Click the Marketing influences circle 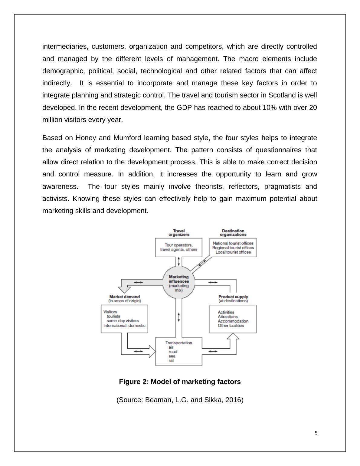pyautogui.click(x=179, y=283)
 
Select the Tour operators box pyautogui.click(x=178, y=247)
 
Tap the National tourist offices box pyautogui.click(x=233, y=248)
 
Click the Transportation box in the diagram pyautogui.click(x=178, y=351)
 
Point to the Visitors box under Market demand pyautogui.click(x=124, y=319)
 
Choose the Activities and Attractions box pyautogui.click(x=233, y=319)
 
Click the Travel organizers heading pyautogui.click(x=179, y=232)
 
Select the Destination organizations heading pyautogui.click(x=233, y=232)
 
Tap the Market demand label pyautogui.click(x=124, y=297)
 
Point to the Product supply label pyautogui.click(x=233, y=297)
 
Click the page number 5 pyautogui.click(x=316, y=433)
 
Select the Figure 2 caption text pyautogui.click(x=180, y=382)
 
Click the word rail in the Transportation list pyautogui.click(x=172, y=360)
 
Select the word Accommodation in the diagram pyautogui.click(x=233, y=321)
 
